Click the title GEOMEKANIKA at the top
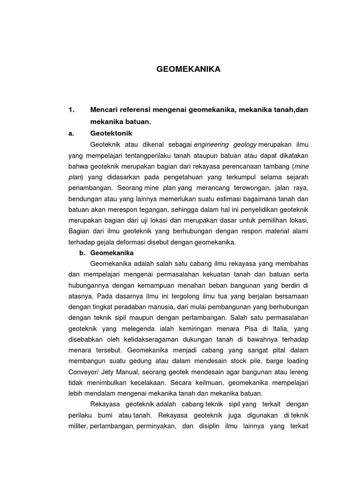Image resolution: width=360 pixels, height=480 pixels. [x=188, y=69]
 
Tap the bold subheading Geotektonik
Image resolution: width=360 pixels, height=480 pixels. [x=112, y=133]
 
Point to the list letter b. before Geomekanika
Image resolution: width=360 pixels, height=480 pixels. [x=82, y=253]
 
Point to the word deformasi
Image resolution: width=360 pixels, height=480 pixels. [x=142, y=242]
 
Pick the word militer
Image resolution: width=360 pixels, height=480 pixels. [x=79, y=426]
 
